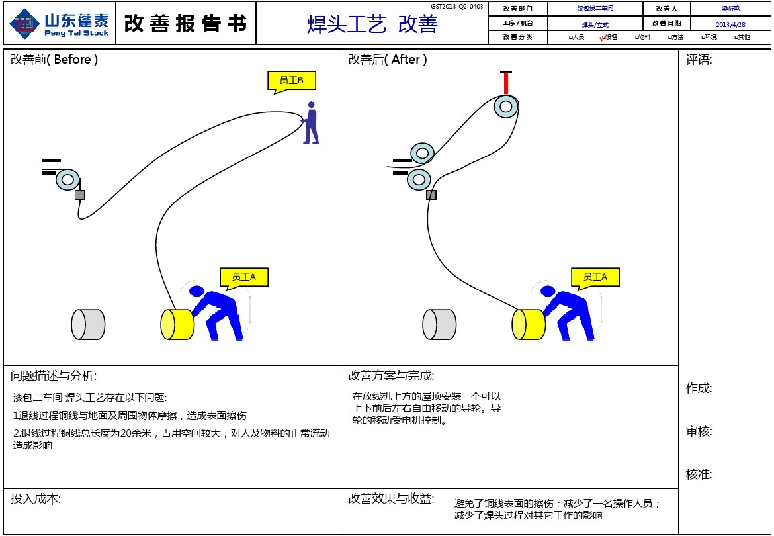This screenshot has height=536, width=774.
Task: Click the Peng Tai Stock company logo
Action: click(58, 23)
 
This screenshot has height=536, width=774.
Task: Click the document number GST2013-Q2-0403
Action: click(456, 7)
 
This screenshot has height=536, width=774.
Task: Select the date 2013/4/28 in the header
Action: click(730, 24)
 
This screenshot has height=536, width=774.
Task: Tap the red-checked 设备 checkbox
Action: click(603, 38)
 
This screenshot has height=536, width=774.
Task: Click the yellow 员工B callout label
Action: click(291, 81)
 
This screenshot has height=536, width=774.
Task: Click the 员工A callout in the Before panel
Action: click(243, 277)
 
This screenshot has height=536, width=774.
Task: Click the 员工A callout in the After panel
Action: click(595, 277)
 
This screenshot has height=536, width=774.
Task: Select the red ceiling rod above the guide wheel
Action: click(506, 83)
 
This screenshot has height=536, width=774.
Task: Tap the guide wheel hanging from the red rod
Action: click(506, 106)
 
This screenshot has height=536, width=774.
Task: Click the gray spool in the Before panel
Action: click(88, 325)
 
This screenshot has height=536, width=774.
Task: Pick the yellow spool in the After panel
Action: click(528, 325)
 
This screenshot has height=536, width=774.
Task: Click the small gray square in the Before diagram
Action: click(80, 195)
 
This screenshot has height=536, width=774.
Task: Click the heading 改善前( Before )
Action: click(54, 60)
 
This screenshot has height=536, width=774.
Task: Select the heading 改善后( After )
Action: click(388, 60)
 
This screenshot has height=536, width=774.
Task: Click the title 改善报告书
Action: click(185, 23)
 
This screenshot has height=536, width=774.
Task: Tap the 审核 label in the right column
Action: click(699, 432)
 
